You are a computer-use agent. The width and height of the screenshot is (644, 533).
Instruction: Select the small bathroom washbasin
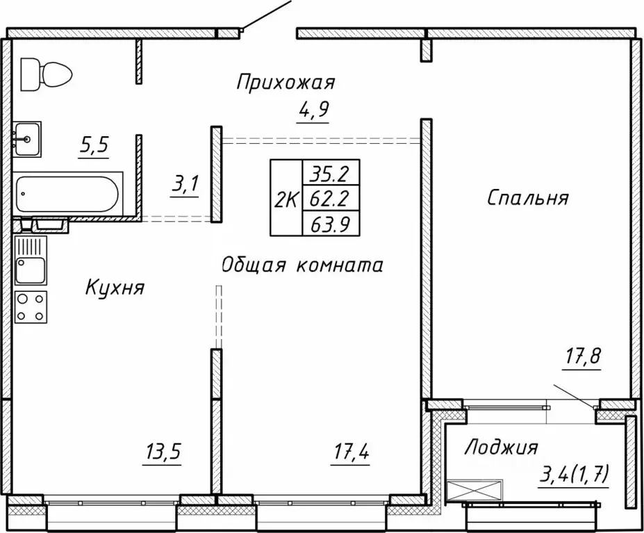[26, 138]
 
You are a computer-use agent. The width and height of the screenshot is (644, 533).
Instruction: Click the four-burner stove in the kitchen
[31, 306]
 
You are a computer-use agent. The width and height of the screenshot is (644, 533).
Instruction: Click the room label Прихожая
[285, 83]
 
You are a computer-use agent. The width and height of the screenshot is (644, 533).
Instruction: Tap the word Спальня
[528, 198]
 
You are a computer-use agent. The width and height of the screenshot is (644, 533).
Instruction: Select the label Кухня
[115, 287]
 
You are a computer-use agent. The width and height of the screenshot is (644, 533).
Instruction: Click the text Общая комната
[302, 265]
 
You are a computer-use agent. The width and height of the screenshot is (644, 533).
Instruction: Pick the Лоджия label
[502, 447]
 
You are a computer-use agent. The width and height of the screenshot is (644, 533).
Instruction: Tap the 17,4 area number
[349, 453]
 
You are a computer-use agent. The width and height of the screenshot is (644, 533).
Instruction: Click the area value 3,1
[185, 185]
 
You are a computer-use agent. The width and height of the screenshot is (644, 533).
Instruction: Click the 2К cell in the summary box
[286, 200]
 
